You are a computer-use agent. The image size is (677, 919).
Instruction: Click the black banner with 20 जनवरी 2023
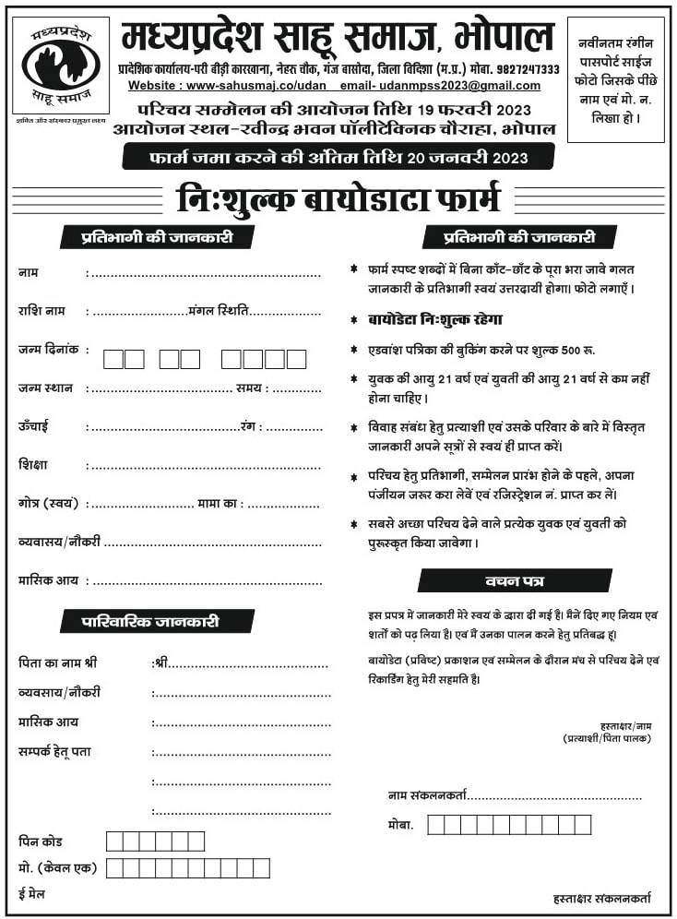coord(338,157)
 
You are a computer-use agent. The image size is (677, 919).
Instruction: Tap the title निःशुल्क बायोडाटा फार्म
coord(338,199)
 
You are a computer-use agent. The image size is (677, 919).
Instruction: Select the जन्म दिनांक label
coord(48,350)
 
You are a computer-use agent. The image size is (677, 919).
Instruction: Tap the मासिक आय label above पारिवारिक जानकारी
coord(48,580)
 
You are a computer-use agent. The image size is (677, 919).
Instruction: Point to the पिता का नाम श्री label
coord(57,663)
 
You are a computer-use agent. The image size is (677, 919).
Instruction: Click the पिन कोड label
coord(41,841)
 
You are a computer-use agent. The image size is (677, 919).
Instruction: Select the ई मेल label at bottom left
coord(31,894)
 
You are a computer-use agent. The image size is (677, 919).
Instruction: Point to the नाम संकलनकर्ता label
coord(428,794)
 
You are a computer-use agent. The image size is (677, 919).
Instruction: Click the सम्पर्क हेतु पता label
coord(54,752)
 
